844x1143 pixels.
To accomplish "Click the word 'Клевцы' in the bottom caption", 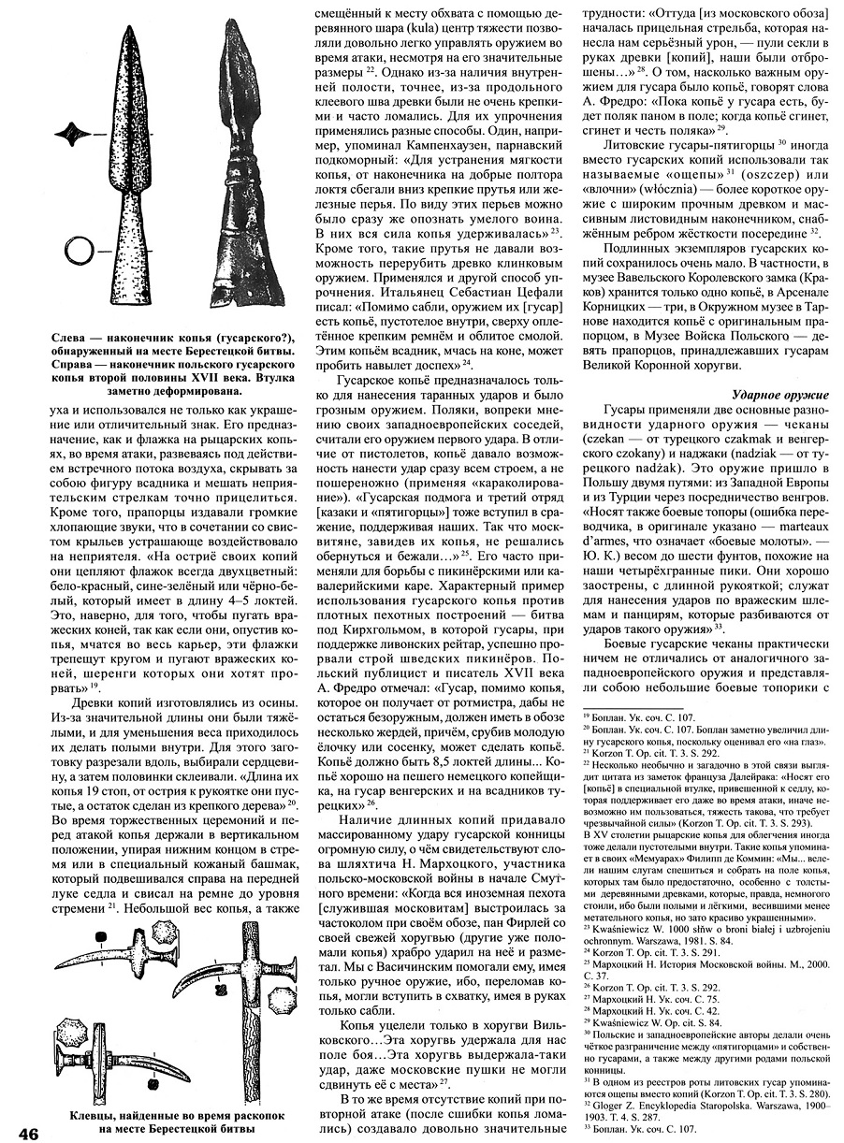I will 97,1115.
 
